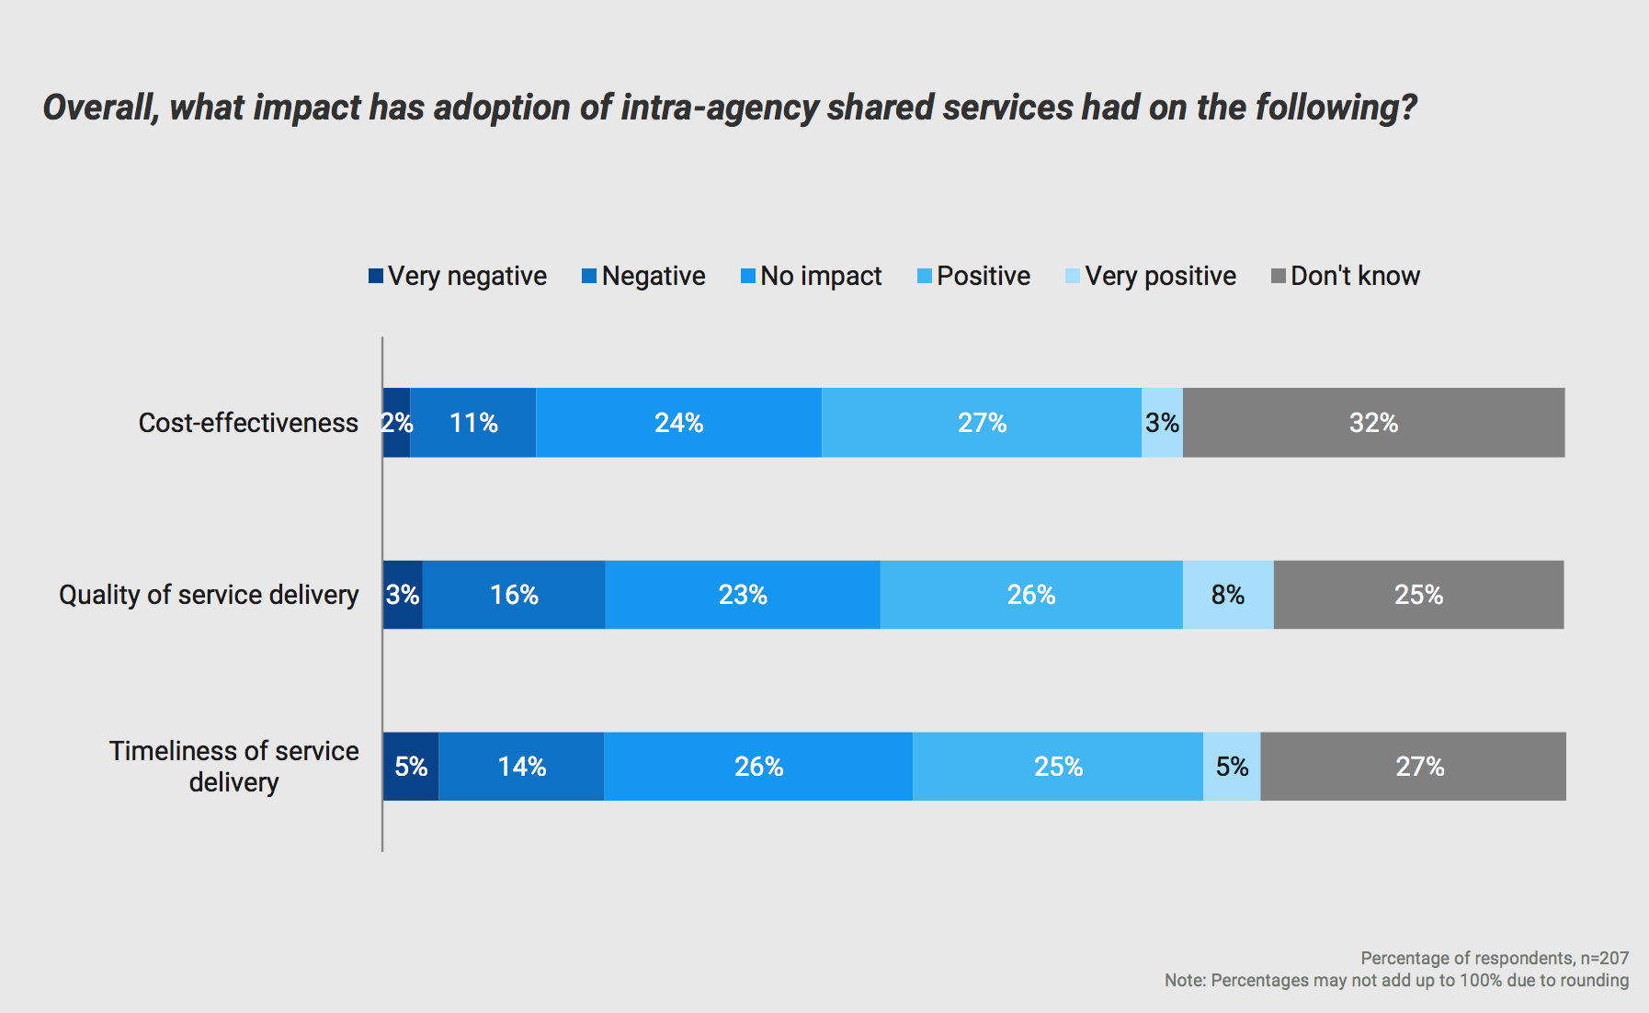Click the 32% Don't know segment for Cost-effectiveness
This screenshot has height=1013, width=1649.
pos(1373,423)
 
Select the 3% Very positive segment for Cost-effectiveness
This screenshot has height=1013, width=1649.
pos(1162,423)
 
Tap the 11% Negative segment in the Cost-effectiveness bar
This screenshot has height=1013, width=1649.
pos(473,423)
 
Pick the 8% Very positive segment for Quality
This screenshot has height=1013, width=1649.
pos(1228,595)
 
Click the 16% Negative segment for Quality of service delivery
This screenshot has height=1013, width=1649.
pos(514,595)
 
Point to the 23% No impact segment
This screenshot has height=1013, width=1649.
pos(743,595)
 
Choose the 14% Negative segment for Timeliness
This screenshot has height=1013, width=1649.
pos(521,767)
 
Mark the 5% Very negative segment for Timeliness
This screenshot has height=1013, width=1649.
pos(411,767)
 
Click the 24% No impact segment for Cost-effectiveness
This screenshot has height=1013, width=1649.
pos(678,423)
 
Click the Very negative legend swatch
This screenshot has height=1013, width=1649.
pos(376,276)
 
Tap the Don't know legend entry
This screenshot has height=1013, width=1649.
pos(1354,276)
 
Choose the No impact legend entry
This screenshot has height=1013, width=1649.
pos(820,276)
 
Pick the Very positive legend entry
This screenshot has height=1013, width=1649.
pos(1159,276)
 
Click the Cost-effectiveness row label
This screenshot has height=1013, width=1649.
pos(248,423)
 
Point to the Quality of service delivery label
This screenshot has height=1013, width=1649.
pos(209,595)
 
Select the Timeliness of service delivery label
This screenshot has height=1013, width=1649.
pos(233,767)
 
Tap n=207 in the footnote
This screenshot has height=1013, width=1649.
pos(1605,958)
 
